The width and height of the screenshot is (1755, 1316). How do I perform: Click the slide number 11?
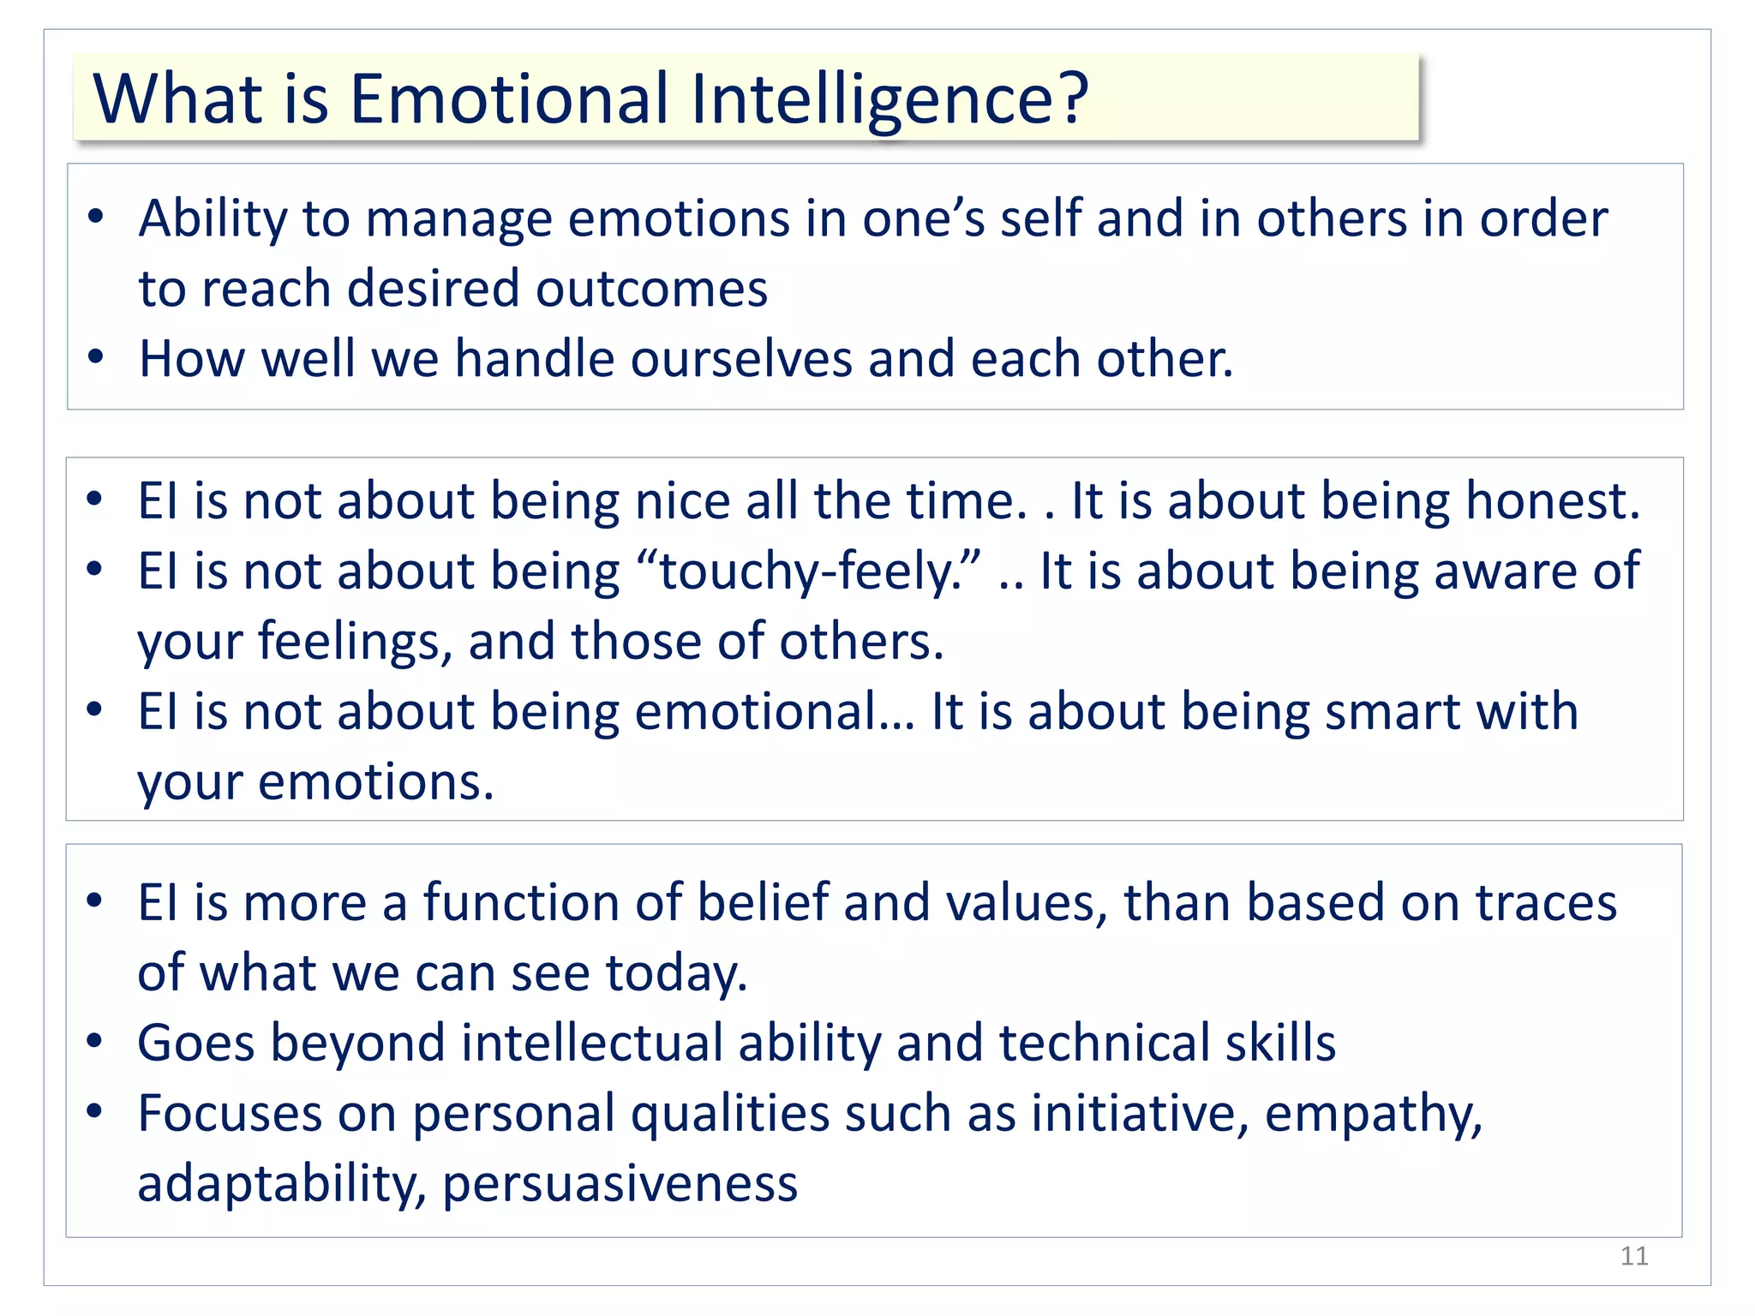1634,1256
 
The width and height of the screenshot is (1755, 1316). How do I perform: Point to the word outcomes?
651,289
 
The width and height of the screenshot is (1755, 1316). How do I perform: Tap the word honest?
1551,501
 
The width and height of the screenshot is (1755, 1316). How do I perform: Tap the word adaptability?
281,1184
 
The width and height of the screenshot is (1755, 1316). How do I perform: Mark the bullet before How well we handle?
95,356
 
